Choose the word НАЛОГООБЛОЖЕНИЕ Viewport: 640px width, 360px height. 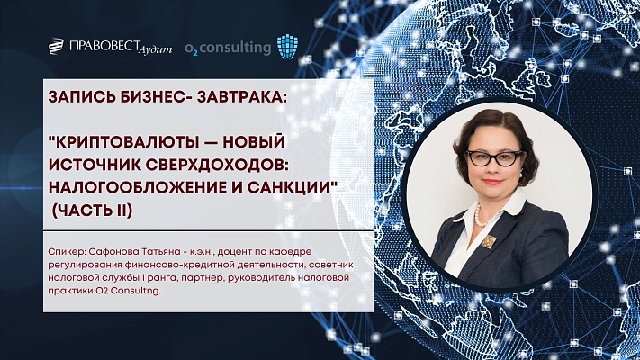[140, 184]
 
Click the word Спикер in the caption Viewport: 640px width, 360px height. [68, 253]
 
